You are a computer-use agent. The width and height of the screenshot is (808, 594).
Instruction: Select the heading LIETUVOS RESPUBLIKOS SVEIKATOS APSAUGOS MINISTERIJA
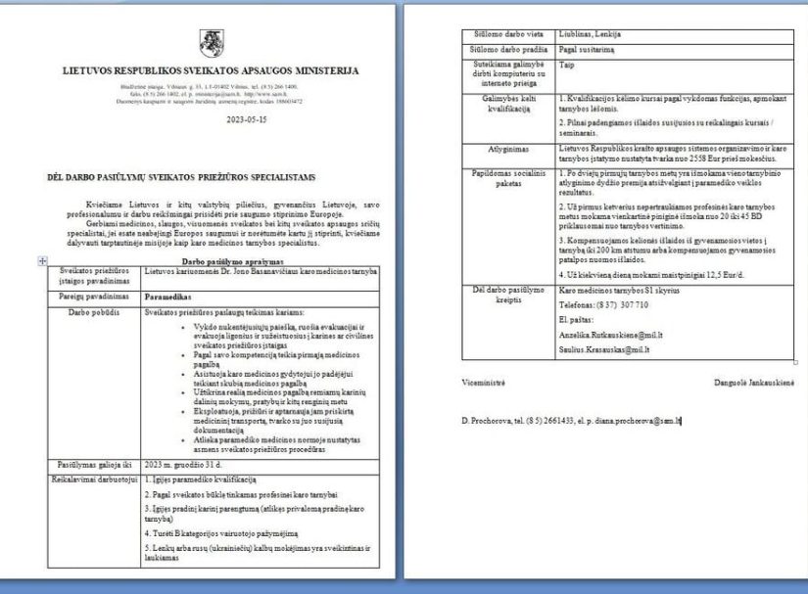pyautogui.click(x=211, y=70)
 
